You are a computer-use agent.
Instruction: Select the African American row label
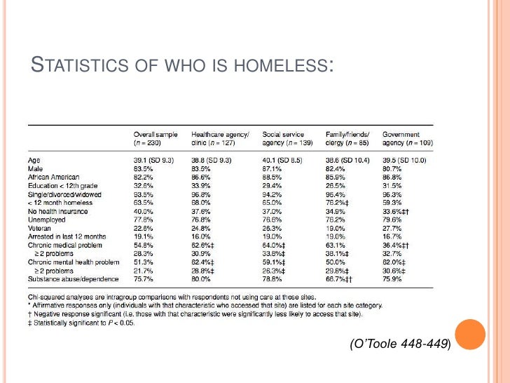(x=54, y=177)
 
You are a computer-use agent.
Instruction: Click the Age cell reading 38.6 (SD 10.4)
(x=347, y=160)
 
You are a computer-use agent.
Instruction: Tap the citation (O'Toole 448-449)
(x=399, y=344)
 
